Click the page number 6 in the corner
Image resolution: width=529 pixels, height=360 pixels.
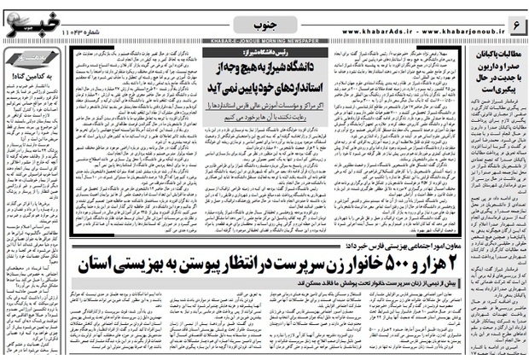point(514,16)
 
